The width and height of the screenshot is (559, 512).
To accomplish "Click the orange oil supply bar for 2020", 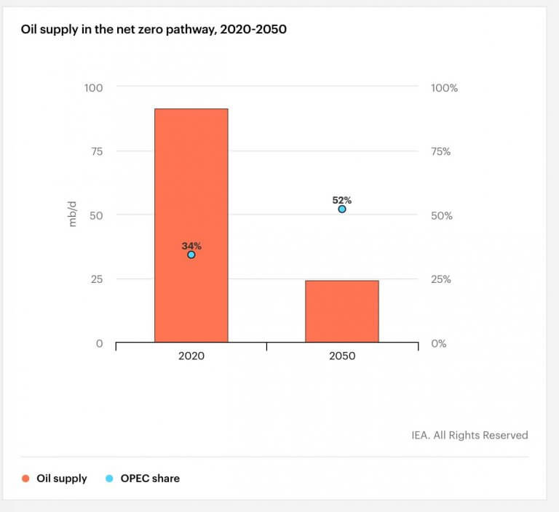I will point(191,182).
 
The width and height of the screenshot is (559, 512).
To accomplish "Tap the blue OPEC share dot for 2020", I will point(191,255).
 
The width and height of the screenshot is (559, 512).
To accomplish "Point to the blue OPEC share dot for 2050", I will point(342,209).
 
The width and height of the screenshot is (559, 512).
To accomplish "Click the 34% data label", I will point(191,246).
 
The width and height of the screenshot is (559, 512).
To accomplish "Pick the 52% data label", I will point(342,200).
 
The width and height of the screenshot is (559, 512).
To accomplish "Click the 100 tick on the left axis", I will point(94,88).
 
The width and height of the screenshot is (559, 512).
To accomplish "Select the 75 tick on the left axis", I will point(97,151).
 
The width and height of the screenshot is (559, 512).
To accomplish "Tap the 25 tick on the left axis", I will point(97,279).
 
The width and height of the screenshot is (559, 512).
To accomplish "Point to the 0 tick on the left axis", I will point(100,343).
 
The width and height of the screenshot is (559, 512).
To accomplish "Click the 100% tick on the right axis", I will point(444,88).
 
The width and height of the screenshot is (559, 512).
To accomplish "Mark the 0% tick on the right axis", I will point(439,343).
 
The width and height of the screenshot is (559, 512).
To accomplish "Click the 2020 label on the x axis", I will point(191,356).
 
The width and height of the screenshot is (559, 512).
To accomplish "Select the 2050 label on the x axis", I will point(342,356).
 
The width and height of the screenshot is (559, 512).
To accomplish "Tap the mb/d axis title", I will point(73,215).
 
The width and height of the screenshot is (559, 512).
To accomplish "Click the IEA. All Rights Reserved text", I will point(469,435).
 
